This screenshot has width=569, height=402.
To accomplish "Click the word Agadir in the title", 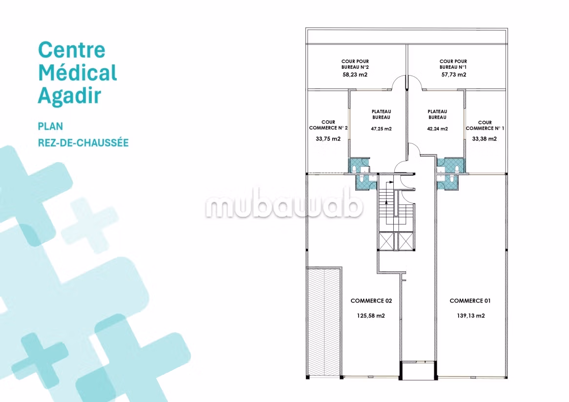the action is coord(69,96).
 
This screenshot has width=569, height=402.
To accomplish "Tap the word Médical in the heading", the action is coord(78,73).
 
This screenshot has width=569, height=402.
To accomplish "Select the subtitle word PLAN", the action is coord(50,126).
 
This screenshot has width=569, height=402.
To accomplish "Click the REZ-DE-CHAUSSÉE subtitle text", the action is coord(83,142).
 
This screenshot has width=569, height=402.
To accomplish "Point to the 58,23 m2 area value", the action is coord(355,75).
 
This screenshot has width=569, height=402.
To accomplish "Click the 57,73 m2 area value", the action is coord(454,75).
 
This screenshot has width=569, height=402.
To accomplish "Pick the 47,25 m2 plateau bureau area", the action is coord(382,129).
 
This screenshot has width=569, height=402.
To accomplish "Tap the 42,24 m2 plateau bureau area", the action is coord(437,129).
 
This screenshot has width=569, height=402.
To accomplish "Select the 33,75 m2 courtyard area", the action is coord(328,139).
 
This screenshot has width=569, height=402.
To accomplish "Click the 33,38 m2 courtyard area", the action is coord(485,139).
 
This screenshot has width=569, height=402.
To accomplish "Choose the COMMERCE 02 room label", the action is coord(371,301).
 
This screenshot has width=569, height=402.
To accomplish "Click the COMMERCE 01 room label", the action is coord(470,301).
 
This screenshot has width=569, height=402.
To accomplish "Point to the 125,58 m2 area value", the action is coord(371,316).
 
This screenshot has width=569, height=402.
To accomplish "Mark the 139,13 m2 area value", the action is coord(470,316).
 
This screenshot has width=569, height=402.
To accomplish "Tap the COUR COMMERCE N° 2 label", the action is coord(328,125).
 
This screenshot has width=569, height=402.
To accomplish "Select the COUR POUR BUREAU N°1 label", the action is coord(453,64).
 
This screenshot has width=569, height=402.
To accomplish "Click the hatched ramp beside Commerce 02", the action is coord(324,322).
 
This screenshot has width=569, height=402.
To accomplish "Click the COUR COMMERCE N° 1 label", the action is coord(485,125).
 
